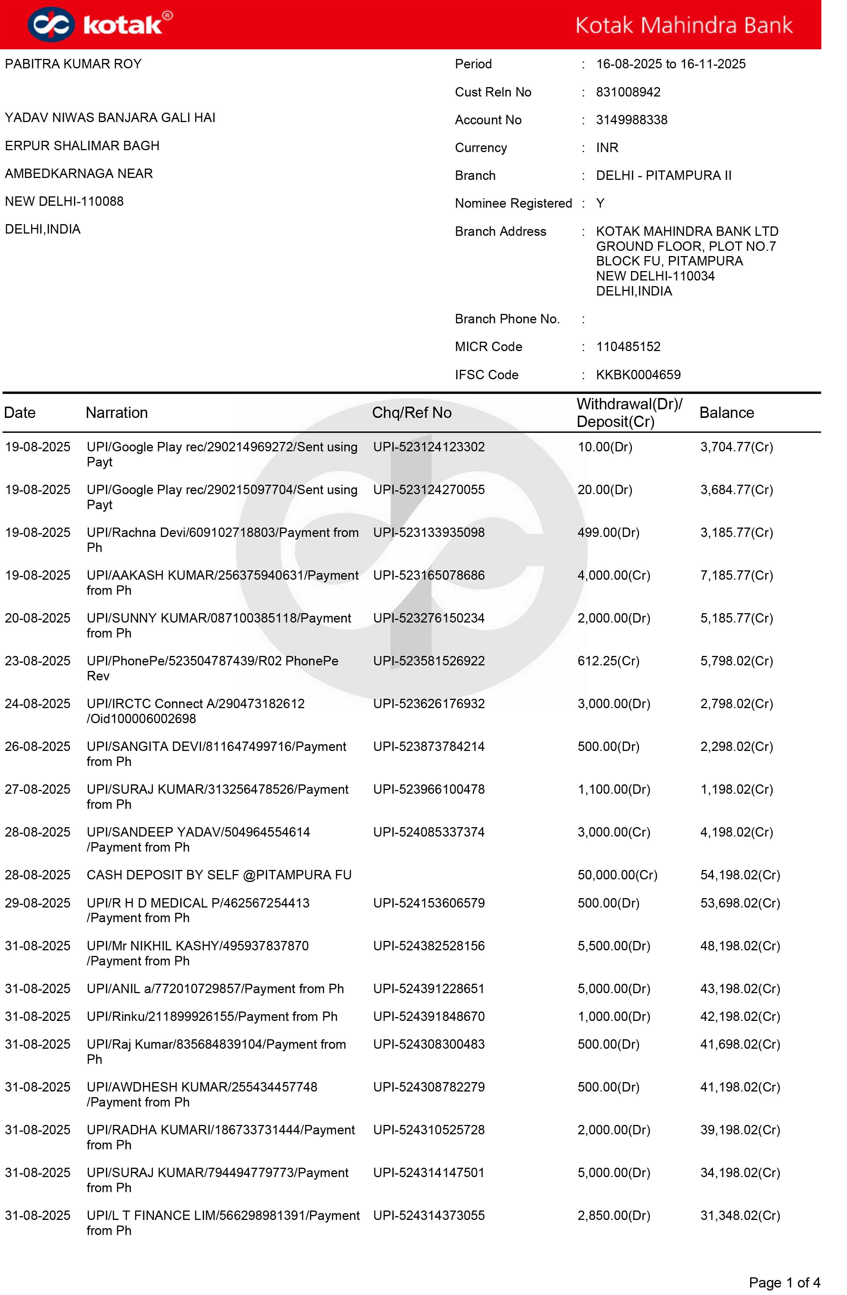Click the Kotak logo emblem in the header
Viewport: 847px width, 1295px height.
[51, 24]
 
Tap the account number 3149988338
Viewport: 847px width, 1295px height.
[631, 120]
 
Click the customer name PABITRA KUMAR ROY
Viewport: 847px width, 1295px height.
[73, 64]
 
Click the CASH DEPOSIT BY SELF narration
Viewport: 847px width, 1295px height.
[219, 875]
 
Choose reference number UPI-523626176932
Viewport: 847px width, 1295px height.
[429, 704]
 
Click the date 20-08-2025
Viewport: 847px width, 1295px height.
[38, 618]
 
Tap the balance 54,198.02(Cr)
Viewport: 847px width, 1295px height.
[740, 875]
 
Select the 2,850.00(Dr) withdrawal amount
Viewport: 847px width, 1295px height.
[613, 1215]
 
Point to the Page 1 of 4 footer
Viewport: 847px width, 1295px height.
[784, 1283]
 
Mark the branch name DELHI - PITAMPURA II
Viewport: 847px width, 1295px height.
[663, 175]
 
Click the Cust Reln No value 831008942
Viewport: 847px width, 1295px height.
[628, 92]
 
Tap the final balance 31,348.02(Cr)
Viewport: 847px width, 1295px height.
[740, 1215]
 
